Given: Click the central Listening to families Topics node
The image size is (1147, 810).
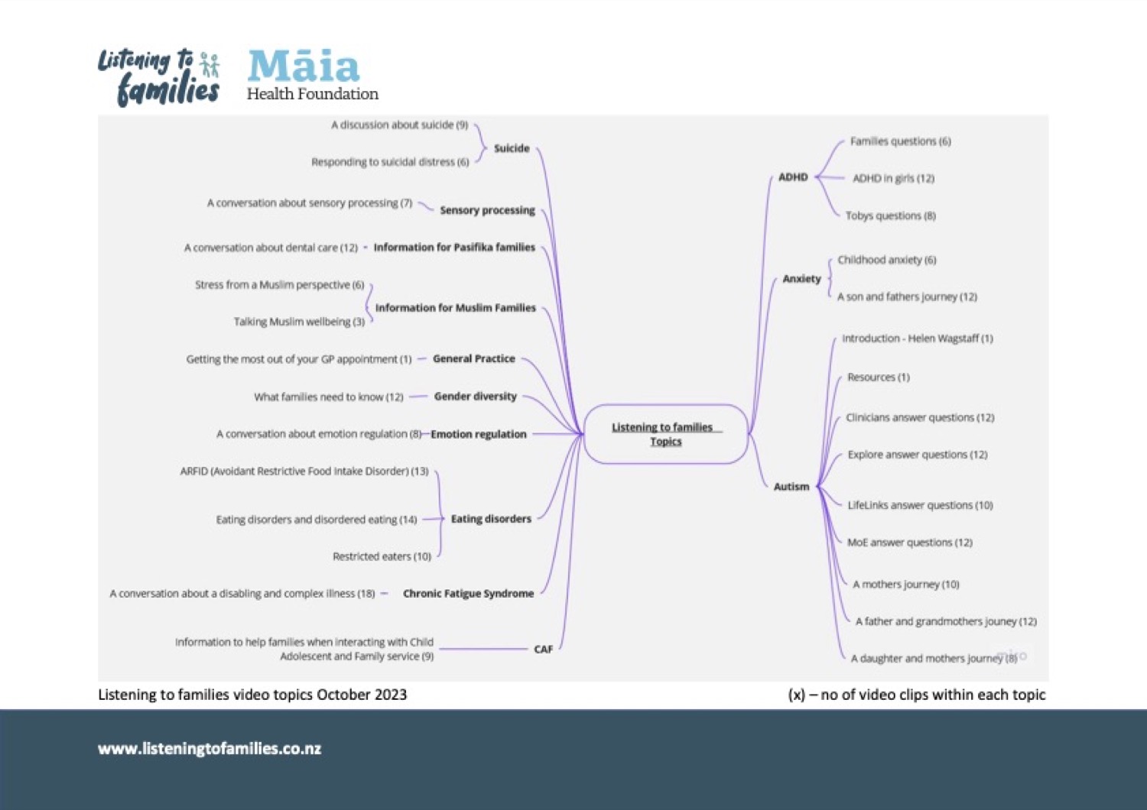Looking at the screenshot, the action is coord(666,435).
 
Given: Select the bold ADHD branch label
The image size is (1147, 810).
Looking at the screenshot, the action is coord(793,177).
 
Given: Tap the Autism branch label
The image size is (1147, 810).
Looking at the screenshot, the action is coord(791,487).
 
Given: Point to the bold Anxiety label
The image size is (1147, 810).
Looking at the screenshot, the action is coord(801,279).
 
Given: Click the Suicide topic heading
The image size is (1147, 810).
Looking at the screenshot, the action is coord(512,148).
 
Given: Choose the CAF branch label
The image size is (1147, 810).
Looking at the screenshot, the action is coord(543,650).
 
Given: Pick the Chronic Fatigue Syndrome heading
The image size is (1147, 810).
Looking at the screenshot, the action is coord(469,594).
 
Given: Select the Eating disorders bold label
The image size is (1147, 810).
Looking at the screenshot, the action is coord(491,519).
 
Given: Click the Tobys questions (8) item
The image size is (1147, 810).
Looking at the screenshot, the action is coord(891,215).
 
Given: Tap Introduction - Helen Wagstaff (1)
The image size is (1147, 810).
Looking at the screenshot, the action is coord(918,339).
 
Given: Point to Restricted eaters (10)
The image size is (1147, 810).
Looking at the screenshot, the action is coord(382,556).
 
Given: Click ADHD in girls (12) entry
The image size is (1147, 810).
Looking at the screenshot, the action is coord(894,178).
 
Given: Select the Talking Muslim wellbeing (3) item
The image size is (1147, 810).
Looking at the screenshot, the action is coord(300,322).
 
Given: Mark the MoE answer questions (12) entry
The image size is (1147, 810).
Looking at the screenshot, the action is coord(910,543).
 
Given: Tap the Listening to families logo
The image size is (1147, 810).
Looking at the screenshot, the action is coord(159,76).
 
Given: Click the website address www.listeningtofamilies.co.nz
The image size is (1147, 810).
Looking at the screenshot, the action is coord(210,749).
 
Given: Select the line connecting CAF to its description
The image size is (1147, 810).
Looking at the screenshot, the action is coord(483,649).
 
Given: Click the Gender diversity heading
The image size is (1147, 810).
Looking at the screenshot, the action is coord(475,397).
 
